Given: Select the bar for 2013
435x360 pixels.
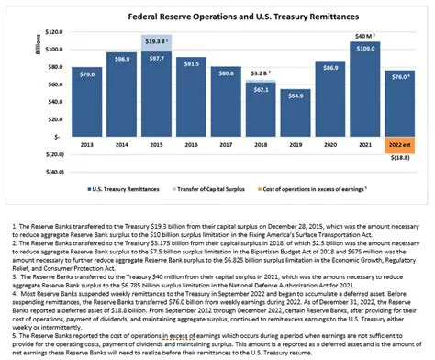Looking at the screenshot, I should click(87, 101).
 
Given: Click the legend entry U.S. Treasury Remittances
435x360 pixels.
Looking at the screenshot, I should click(129, 189).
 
